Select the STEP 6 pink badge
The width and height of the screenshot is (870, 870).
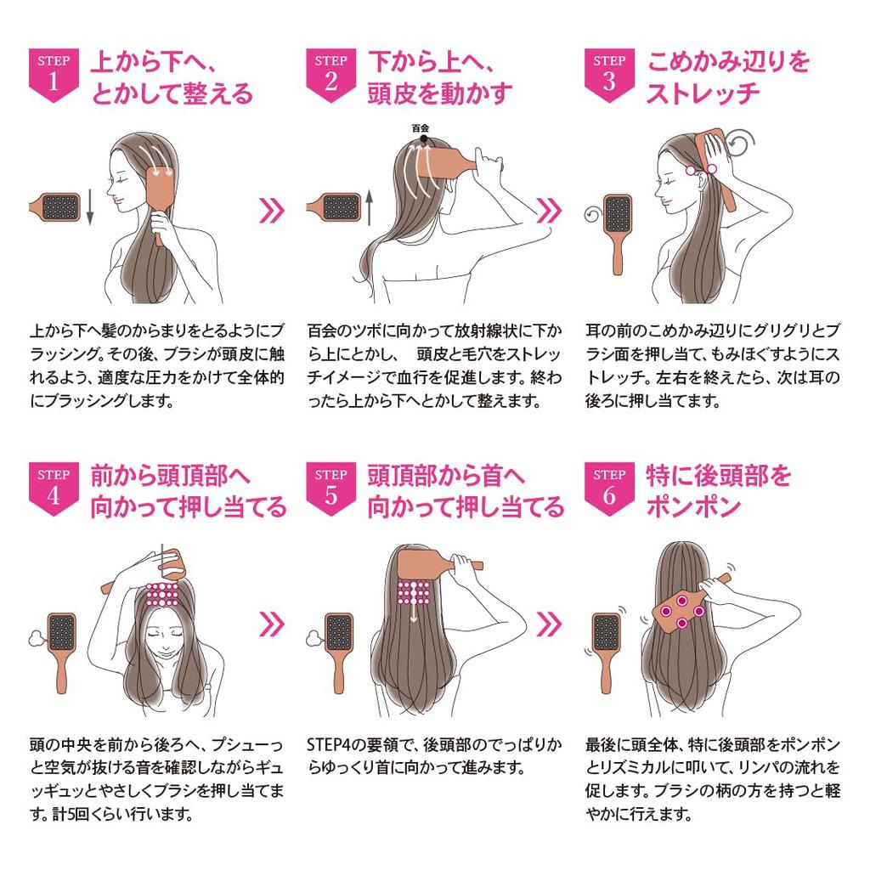tap(609, 486)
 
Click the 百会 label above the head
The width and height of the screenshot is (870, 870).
tap(421, 128)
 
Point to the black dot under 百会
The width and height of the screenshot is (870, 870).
tap(421, 139)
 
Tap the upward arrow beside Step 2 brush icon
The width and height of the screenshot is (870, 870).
tap(370, 207)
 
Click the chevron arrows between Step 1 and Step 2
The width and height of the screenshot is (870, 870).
tap(271, 210)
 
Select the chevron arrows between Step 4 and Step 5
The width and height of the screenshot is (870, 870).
tap(271, 624)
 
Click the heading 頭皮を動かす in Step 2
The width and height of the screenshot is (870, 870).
tap(439, 93)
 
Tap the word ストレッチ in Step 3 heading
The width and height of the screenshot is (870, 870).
tap(702, 93)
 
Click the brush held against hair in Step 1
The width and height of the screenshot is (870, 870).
tap(160, 194)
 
